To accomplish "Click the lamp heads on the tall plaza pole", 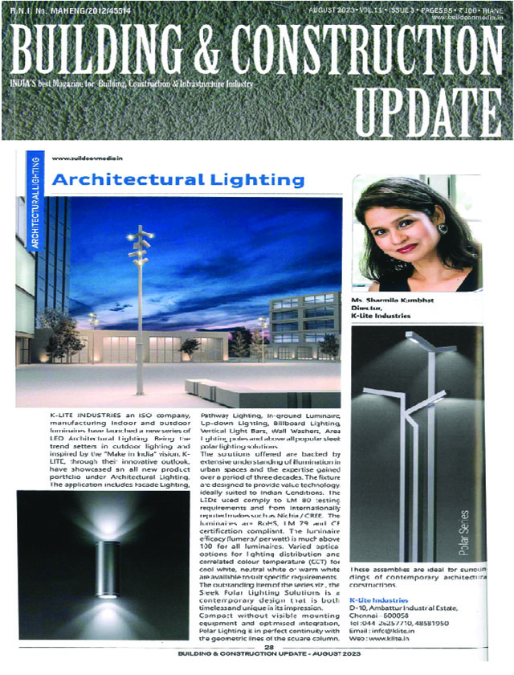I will [139, 245].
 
